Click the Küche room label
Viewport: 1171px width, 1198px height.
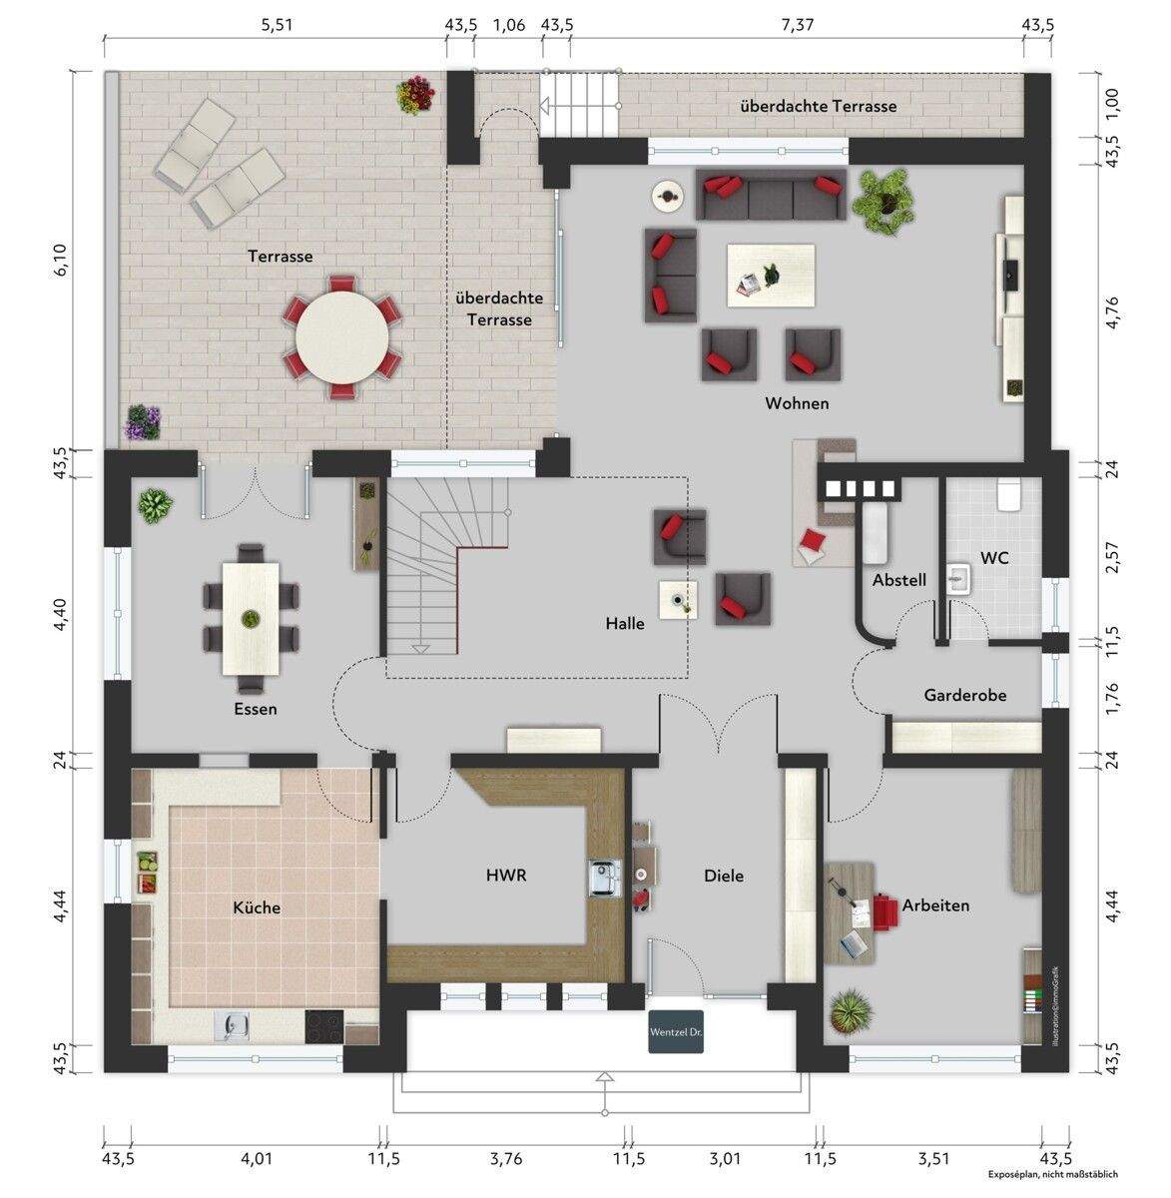(x=257, y=907)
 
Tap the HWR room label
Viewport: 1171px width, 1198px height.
(x=505, y=875)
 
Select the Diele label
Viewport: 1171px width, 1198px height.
(x=724, y=876)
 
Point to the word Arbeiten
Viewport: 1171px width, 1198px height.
(x=935, y=905)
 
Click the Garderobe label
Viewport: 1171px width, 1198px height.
(x=964, y=695)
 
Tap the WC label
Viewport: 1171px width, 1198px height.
(x=994, y=558)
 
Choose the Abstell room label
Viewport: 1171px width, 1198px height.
(x=899, y=580)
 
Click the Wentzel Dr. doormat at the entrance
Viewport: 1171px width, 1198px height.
(x=676, y=1033)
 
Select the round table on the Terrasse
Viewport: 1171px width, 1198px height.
(x=342, y=336)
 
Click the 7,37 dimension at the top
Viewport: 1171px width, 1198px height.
(x=797, y=25)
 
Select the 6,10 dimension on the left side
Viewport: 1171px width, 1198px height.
(x=61, y=259)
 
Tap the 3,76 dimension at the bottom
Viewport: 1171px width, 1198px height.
(x=506, y=1159)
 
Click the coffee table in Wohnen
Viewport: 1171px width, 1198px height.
(x=771, y=275)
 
